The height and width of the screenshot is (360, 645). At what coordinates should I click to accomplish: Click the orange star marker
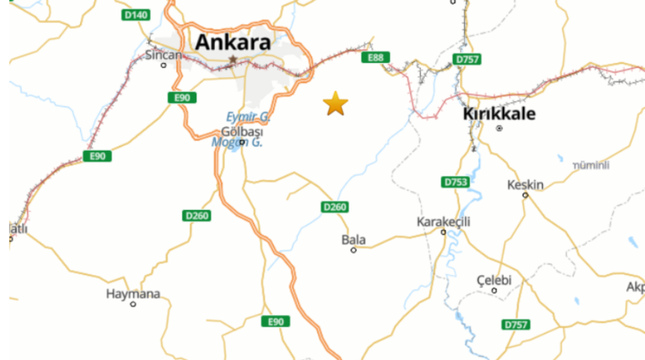[335, 103]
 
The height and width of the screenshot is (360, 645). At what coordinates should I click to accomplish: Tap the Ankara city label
[232, 42]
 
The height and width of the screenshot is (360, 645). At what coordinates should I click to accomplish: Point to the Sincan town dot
[163, 65]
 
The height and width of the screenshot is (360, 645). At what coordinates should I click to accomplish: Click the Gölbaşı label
[247, 132]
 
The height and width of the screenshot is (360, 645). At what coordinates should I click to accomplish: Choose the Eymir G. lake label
[248, 117]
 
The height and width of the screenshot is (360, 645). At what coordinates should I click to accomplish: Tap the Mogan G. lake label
[236, 142]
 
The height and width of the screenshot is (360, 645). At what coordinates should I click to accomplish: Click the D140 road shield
[136, 14]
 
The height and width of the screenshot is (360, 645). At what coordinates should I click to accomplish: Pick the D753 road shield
[455, 182]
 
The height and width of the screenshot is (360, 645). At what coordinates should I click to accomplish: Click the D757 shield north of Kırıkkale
[467, 58]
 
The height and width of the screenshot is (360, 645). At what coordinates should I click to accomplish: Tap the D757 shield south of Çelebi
[515, 324]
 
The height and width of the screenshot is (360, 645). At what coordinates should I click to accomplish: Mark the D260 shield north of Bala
[335, 206]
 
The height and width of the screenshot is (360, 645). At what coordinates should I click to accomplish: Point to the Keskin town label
[525, 184]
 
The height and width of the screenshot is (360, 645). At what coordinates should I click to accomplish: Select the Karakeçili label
[443, 222]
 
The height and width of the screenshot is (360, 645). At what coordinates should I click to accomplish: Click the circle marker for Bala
[353, 250]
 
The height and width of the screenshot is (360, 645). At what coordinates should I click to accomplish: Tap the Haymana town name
[133, 294]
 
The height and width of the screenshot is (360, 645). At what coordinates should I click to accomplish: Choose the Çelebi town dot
[494, 290]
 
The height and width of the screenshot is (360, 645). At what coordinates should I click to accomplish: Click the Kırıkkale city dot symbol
[499, 128]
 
